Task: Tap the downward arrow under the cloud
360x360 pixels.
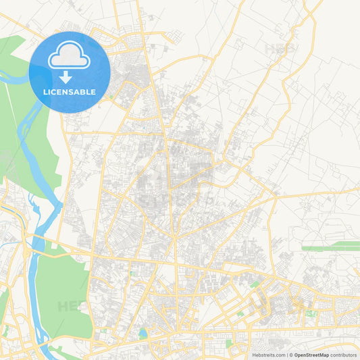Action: coord(70,77)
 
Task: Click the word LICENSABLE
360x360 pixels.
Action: coord(70,92)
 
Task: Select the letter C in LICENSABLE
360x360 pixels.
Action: coord(53,92)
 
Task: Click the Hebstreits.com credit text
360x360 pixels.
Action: coord(268,355)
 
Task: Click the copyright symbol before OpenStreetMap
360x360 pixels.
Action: coord(290,355)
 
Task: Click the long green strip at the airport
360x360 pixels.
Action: coord(330,249)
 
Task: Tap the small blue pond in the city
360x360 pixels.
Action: coord(143,333)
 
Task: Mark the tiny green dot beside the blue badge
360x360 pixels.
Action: coord(110,96)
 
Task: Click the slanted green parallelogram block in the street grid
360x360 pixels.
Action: coord(254,284)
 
